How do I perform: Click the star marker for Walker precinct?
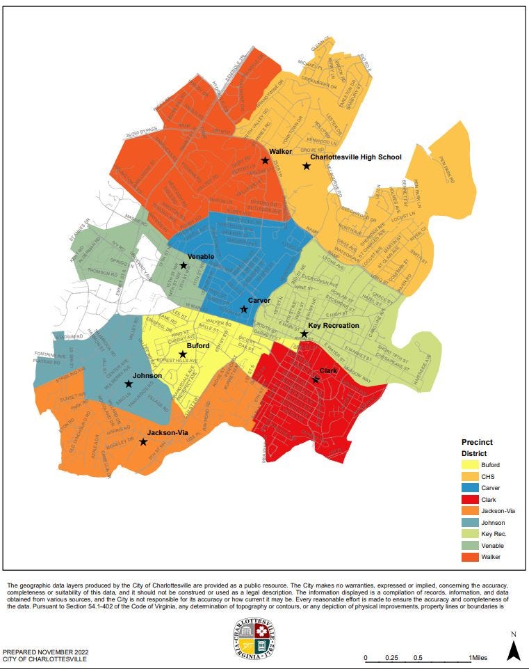pyautogui.click(x=265, y=160)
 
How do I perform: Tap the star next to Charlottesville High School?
pyautogui.click(x=306, y=166)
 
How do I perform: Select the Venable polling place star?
pyautogui.click(x=184, y=265)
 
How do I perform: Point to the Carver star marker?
pyautogui.click(x=244, y=309)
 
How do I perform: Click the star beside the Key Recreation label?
pyautogui.click(x=304, y=334)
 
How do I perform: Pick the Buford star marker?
pyautogui.click(x=183, y=354)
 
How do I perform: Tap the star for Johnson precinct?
pyautogui.click(x=129, y=384)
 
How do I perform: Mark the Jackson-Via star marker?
pyautogui.click(x=143, y=442)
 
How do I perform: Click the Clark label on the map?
pyautogui.click(x=328, y=371)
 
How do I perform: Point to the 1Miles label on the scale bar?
pyautogui.click(x=478, y=658)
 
